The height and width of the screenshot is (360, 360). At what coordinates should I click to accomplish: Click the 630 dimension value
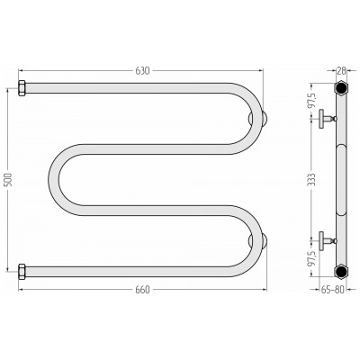(x=142, y=71)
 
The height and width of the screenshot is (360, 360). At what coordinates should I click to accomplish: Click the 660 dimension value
(x=142, y=290)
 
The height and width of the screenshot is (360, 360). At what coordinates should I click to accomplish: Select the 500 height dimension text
(x=9, y=179)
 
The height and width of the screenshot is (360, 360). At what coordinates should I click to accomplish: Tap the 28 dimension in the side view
(x=341, y=71)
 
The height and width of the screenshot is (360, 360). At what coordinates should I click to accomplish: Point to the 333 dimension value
(x=313, y=179)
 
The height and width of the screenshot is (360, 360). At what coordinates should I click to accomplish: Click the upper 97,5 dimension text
(x=312, y=100)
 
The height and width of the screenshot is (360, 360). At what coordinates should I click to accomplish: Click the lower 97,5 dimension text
(x=312, y=258)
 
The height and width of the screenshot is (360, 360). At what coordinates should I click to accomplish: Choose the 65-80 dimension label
(x=332, y=290)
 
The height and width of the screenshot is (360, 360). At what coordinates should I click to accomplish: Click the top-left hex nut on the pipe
(x=22, y=88)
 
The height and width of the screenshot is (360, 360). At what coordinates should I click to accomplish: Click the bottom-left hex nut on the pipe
(x=22, y=272)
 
